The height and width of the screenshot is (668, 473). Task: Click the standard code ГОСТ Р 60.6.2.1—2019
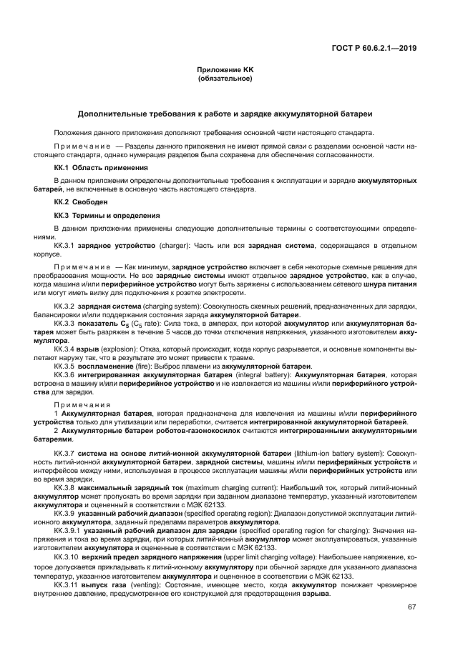(375, 49)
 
